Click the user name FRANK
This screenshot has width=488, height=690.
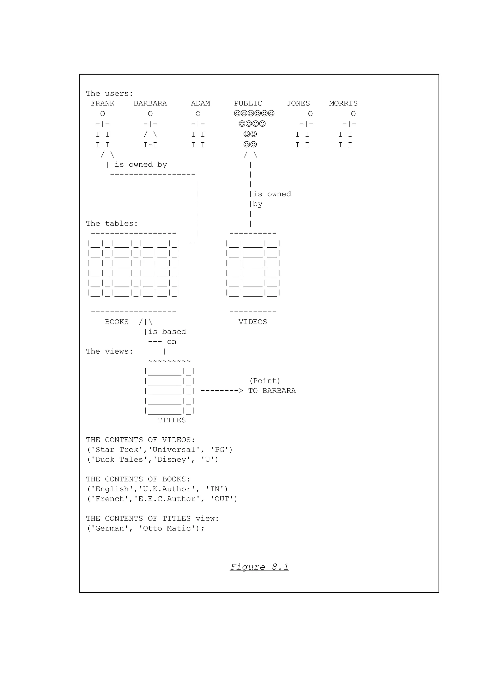pos(102,103)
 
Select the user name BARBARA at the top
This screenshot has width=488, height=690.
pos(150,103)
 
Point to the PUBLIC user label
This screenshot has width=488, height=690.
pos(248,103)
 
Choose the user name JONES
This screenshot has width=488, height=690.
pos(298,103)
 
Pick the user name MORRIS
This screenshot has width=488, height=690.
pos(343,103)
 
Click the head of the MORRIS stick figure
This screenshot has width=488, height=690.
pos(353,114)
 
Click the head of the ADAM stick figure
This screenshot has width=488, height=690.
pos(198,114)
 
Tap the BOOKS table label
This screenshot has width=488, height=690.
pos(117,322)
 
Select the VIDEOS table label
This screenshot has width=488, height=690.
pos(253,322)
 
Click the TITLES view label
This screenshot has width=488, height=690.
pos(172,420)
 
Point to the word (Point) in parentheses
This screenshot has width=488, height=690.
pos(264,381)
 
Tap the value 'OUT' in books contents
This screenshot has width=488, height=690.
pos(222,499)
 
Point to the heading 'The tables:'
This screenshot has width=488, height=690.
pos(112,224)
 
